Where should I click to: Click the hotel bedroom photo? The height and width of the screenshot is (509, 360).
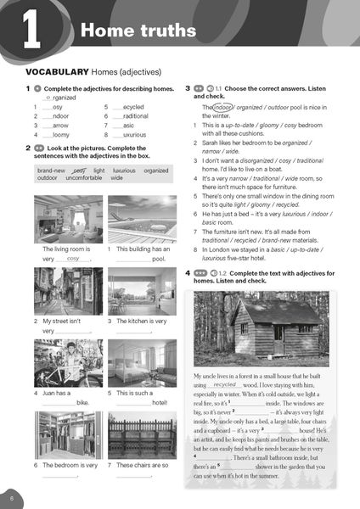tap(142, 363)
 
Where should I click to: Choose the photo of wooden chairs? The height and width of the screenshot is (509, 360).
tap(142, 435)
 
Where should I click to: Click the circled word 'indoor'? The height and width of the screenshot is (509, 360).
tap(222, 108)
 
